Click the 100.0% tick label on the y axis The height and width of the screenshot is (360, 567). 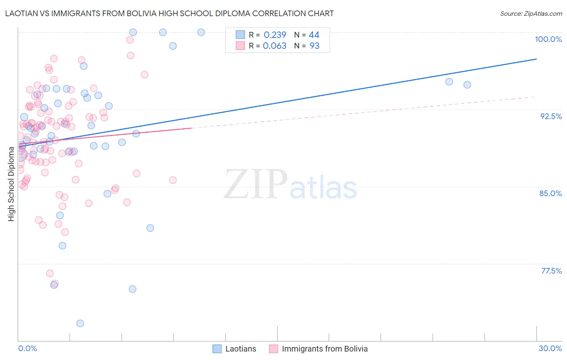click(548, 39)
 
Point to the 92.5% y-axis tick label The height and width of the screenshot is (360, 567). click(551, 116)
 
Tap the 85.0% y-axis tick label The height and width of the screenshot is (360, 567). click(550, 193)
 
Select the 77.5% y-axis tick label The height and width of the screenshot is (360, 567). click(551, 271)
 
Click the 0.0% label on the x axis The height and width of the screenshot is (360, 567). click(27, 348)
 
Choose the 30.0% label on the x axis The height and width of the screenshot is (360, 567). click(550, 348)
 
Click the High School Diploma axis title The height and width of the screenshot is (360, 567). click(11, 184)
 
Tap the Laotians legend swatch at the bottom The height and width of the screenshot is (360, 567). click(217, 349)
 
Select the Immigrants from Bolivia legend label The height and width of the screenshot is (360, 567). click(325, 349)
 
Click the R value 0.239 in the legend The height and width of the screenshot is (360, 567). click(275, 35)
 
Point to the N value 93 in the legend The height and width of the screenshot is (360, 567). click(314, 46)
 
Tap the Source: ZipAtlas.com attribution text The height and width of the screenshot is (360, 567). click(531, 14)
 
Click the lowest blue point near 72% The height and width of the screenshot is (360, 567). click(80, 323)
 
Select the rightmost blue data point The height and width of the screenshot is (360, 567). click(467, 85)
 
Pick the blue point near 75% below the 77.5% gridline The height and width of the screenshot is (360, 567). click(132, 289)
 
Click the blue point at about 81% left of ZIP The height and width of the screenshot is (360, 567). click(150, 228)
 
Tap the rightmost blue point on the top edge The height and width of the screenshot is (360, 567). click(201, 32)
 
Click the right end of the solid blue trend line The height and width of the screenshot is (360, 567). click(536, 59)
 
